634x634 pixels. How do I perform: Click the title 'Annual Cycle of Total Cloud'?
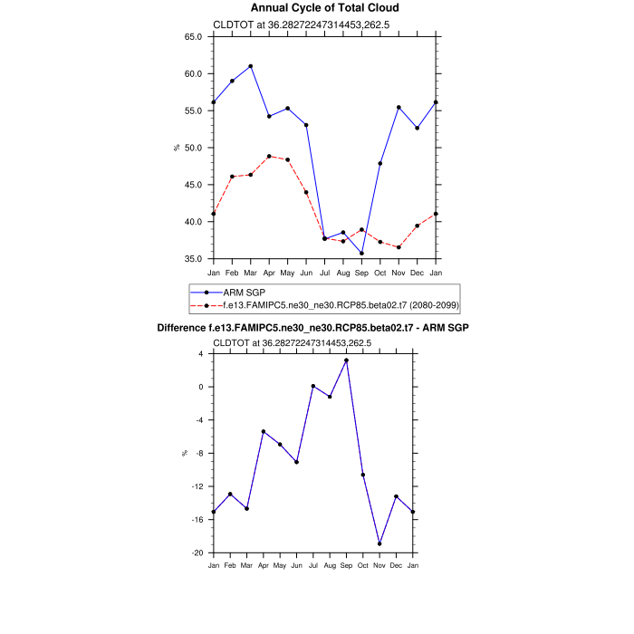(324, 8)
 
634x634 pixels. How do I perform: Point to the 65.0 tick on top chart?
(193, 37)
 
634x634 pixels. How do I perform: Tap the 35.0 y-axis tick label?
(193, 259)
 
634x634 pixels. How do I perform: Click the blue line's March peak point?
(251, 66)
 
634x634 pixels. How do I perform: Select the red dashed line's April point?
(269, 156)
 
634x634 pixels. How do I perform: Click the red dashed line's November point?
(399, 247)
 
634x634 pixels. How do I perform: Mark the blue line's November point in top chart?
(399, 107)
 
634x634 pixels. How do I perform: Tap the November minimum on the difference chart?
(379, 543)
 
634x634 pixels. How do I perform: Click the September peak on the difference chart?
(346, 360)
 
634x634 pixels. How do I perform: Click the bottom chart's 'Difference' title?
(312, 327)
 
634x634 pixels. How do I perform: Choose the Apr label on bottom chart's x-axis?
(263, 566)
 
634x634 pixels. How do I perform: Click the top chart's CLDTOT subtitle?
(292, 24)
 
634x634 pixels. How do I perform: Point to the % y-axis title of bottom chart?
(185, 453)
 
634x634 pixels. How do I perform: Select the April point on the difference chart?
(263, 431)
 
